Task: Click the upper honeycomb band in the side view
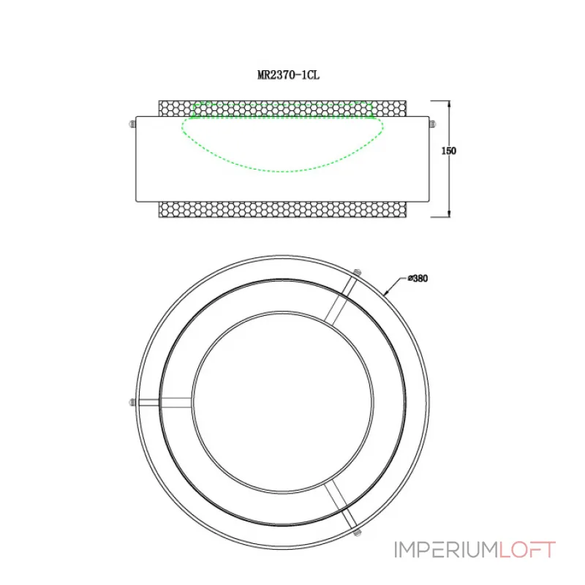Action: point(283,108)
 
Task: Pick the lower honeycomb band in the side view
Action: point(283,209)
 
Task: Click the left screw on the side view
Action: point(131,124)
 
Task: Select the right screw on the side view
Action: point(433,124)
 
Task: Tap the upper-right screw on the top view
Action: point(357,273)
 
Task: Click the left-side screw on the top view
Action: point(132,401)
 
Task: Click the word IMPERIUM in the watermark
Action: point(445,550)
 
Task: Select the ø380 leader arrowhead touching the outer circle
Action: point(385,294)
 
